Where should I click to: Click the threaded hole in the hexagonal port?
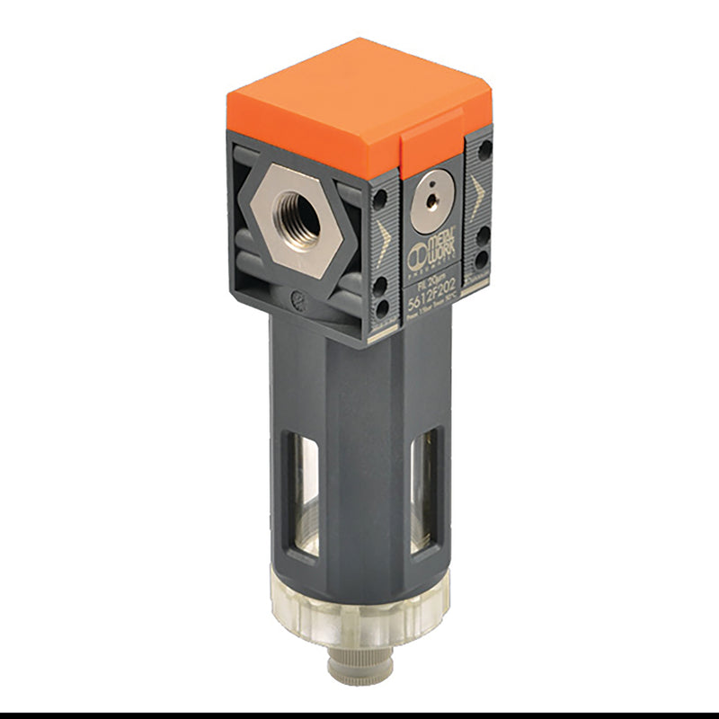pyautogui.click(x=298, y=215)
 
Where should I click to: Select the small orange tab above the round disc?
pyautogui.click(x=431, y=149)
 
